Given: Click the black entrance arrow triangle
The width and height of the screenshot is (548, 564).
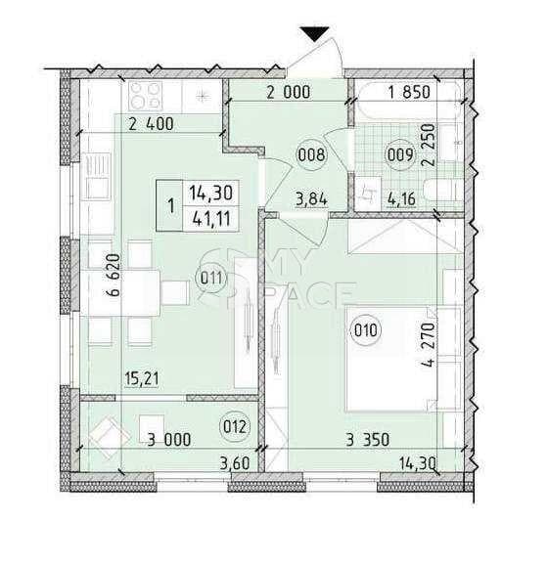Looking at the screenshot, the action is tap(315, 34).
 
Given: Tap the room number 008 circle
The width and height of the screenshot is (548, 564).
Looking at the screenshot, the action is tap(312, 155).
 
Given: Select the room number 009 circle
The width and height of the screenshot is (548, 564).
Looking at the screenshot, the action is tap(400, 155).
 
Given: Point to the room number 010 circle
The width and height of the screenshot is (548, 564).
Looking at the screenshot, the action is tap(365, 330).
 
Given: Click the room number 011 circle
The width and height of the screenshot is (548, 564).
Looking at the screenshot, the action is tap(210, 279).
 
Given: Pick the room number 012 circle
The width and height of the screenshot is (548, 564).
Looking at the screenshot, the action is tap(235, 426).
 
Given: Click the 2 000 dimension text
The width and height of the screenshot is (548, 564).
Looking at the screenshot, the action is tap(288, 92).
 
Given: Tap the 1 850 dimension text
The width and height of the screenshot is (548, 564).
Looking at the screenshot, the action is tap(409, 92).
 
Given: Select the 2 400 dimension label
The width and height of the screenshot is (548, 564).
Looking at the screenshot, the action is tap(152, 124).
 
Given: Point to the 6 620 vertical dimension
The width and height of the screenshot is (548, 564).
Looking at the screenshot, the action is tap(114, 276).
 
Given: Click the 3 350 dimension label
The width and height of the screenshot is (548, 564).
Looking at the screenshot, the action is tap(368, 440).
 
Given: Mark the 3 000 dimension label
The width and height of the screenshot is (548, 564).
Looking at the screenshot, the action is tap(169, 440).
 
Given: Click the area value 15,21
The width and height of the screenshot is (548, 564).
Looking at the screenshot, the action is tap(142, 379).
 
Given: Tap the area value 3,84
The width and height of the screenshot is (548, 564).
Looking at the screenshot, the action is tap(311, 198).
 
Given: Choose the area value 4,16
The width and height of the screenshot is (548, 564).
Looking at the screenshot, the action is tap(401, 198).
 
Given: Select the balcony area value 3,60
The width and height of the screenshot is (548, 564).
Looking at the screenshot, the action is tap(235, 463).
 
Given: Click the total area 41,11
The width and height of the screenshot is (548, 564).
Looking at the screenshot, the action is tap(211, 218).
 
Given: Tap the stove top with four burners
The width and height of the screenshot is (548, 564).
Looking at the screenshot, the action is tap(145, 96).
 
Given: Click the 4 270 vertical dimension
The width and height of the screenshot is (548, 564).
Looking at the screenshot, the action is tap(429, 345).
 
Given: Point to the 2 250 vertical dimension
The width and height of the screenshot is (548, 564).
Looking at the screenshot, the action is tap(429, 145).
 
